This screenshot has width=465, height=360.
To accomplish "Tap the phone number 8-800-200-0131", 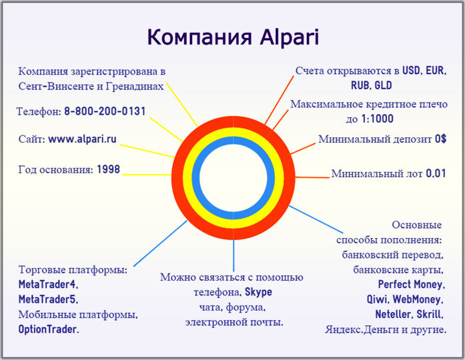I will [105, 111].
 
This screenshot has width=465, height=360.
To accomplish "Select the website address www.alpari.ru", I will [82, 139].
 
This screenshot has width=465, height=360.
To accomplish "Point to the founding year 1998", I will [108, 169].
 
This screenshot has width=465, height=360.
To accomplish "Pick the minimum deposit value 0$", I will [440, 139].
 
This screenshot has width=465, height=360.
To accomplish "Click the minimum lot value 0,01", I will [436, 174].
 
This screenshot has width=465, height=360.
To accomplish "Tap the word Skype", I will [258, 292].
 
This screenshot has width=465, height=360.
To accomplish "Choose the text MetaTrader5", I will [49, 299].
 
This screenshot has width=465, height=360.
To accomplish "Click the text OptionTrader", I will [49, 329].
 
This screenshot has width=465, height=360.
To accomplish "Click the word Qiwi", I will [377, 299].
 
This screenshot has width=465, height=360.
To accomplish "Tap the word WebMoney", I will [421, 299].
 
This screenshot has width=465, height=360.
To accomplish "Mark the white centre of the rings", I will [234, 179].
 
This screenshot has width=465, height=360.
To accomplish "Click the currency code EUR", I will [435, 70].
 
